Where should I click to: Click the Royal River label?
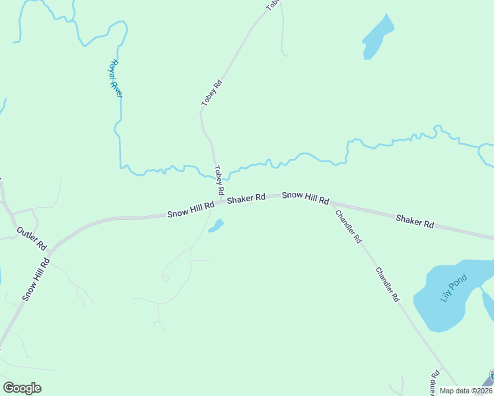point(116,79)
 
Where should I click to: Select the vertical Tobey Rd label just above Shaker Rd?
point(218,180)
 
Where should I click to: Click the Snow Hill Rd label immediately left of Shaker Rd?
point(190,210)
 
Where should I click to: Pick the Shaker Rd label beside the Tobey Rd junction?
point(246,198)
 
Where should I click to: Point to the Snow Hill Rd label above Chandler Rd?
point(305,197)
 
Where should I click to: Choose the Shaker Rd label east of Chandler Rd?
point(415,220)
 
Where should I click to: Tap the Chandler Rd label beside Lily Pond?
point(388,284)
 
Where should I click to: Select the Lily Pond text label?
point(454,288)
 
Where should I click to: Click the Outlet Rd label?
point(32,238)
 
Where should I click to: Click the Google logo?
point(22,388)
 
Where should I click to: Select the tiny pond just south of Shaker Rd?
point(216,226)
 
